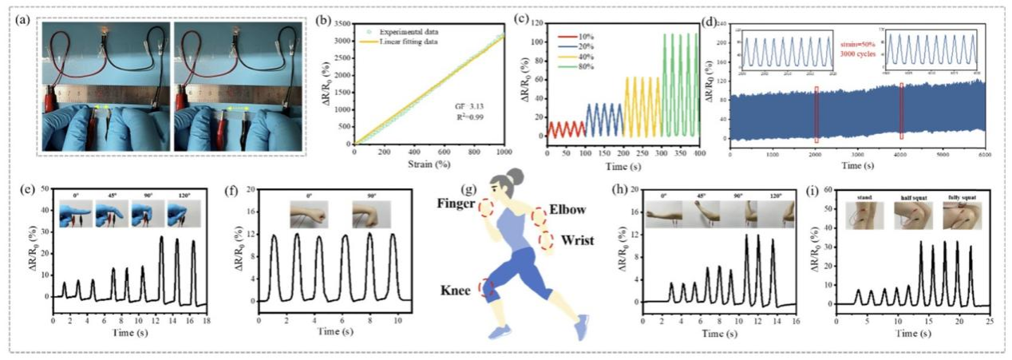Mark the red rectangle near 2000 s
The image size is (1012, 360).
pos(816,113)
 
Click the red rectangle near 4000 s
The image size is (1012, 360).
pos(902,110)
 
